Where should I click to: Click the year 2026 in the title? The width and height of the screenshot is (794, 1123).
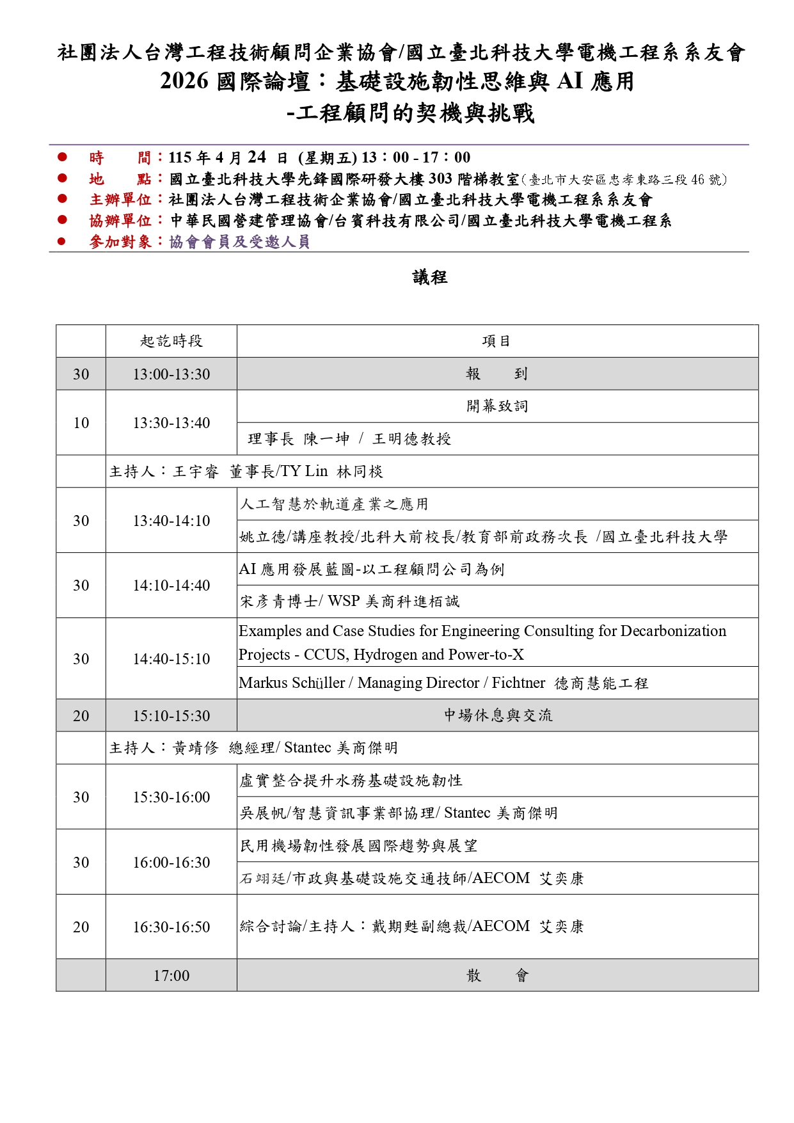(x=184, y=82)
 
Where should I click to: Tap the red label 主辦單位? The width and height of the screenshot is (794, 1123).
(x=120, y=200)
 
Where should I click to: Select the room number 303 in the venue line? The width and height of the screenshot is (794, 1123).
(x=440, y=179)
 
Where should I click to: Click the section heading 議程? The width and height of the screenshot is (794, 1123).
(x=429, y=278)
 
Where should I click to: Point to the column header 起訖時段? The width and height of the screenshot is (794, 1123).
(x=171, y=341)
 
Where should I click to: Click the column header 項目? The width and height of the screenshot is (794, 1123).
(x=496, y=341)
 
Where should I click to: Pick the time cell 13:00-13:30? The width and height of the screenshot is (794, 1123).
(x=171, y=374)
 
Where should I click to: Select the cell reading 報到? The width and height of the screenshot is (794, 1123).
(x=496, y=374)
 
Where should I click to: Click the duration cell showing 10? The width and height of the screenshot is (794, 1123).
(x=81, y=423)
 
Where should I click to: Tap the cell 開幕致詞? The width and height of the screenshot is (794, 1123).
(x=496, y=406)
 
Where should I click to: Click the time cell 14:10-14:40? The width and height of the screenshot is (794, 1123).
(x=171, y=585)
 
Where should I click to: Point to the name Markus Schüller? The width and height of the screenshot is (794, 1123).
(x=292, y=683)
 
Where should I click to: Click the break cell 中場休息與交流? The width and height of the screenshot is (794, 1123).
(x=498, y=715)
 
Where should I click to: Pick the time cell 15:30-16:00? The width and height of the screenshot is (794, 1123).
(x=171, y=797)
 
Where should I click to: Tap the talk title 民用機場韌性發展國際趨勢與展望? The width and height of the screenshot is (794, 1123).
(x=358, y=846)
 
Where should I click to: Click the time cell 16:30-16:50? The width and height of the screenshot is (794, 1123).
(x=171, y=927)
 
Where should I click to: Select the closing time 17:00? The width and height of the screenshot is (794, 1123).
(x=171, y=976)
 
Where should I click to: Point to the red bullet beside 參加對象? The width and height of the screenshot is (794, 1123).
(x=62, y=242)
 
